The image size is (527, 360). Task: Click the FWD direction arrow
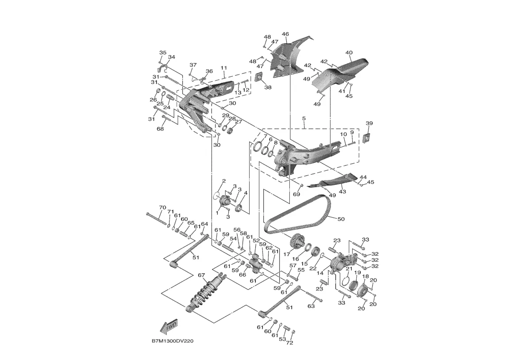coord(169,326)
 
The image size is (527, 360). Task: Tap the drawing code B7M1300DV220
coord(172,341)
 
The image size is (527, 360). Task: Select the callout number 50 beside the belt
coord(341,219)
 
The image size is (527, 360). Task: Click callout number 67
coord(201,275)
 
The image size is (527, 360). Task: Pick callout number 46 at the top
coord(285,34)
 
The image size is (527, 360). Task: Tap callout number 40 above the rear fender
coord(349,53)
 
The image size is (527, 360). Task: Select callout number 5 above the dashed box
coord(304,119)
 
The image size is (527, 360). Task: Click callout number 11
coord(224,68)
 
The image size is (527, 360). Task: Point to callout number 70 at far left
coord(162,207)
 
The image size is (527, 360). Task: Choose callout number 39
coord(369,123)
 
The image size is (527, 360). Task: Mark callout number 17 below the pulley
coord(286,254)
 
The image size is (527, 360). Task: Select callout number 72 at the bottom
coord(290,343)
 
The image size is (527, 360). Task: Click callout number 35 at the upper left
coord(162,53)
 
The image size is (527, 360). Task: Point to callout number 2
coord(224,181)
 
